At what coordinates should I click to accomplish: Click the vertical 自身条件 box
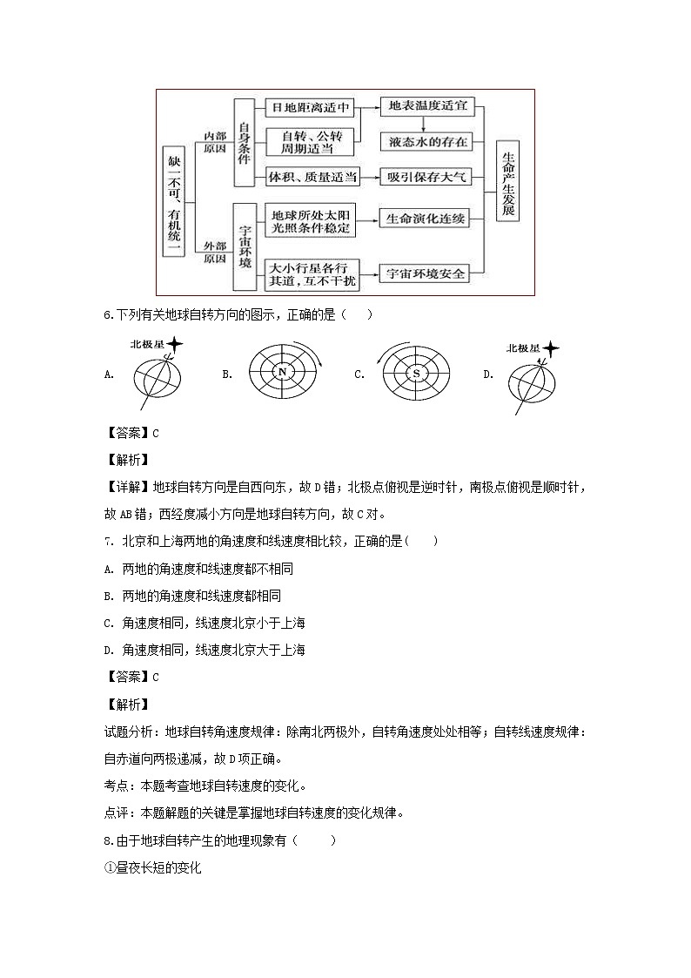point(245,143)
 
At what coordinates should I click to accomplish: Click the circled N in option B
point(282,373)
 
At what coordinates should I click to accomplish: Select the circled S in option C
point(417,373)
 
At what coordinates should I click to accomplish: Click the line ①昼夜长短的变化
point(152,868)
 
